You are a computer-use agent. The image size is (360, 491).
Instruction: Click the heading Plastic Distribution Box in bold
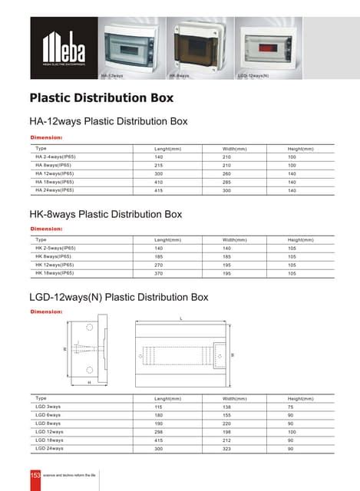tap(101, 98)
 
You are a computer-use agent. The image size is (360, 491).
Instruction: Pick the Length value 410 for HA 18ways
tap(159, 182)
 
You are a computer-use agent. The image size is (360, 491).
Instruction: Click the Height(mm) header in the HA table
tap(300, 149)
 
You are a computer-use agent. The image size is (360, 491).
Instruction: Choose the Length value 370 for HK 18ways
tap(159, 273)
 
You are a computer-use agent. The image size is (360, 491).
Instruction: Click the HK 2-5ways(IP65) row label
tap(55, 249)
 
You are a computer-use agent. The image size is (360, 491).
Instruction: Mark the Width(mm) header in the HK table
tap(234, 240)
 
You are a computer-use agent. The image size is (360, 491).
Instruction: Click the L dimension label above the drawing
tap(180, 317)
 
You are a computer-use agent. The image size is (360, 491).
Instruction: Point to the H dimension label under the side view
tap(89, 381)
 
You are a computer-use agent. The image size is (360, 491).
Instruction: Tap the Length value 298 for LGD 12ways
tap(159, 432)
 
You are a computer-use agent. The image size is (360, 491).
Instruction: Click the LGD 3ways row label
tap(48, 407)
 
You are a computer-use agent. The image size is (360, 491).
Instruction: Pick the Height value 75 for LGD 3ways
tap(291, 407)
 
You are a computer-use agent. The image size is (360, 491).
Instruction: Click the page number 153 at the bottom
tap(35, 476)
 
